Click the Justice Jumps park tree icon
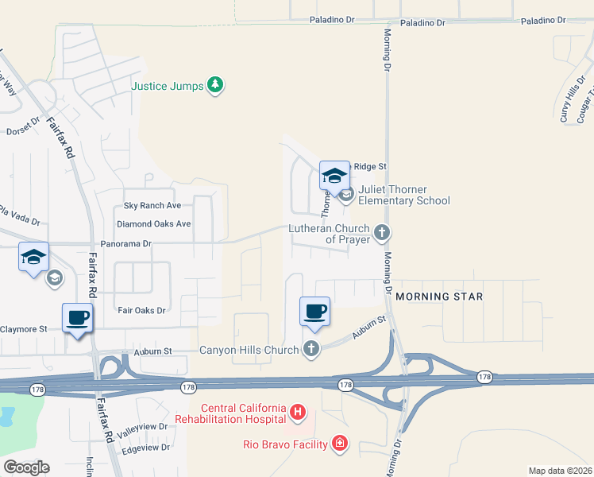coord(215,85)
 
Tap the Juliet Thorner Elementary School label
coord(403,195)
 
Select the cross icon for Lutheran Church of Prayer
coord(382,233)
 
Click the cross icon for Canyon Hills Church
coord(310,349)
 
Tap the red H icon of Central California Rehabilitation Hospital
coord(297,412)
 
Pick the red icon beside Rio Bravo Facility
coord(340,443)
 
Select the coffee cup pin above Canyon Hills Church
coord(314,310)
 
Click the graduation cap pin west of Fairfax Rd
coord(34,257)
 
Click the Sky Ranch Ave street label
coord(152,205)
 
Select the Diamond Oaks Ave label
coord(153,224)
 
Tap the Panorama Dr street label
coord(125,244)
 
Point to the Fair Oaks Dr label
coord(141,310)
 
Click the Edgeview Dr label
coord(145,447)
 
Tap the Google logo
coord(26,467)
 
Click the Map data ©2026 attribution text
coord(560,471)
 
